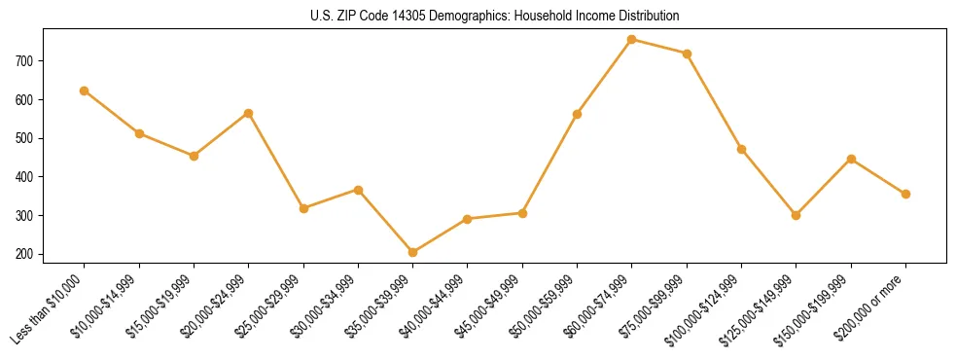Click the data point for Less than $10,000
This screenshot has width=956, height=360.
tap(85, 90)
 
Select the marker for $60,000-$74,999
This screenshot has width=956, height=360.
tap(632, 40)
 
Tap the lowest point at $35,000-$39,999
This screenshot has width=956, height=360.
tap(413, 252)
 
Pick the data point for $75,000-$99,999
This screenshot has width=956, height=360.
tap(687, 54)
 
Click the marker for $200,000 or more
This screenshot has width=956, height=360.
tap(905, 194)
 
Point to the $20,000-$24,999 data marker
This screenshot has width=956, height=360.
tap(249, 113)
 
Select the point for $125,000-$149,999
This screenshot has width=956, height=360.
tap(797, 215)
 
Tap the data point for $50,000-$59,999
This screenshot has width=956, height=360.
tap(578, 114)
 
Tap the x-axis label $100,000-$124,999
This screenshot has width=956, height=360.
tap(707, 308)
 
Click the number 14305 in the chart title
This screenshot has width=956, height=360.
tap(408, 17)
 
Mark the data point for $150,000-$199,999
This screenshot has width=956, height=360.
tap(851, 159)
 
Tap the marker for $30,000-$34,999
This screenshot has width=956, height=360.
tap(358, 190)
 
